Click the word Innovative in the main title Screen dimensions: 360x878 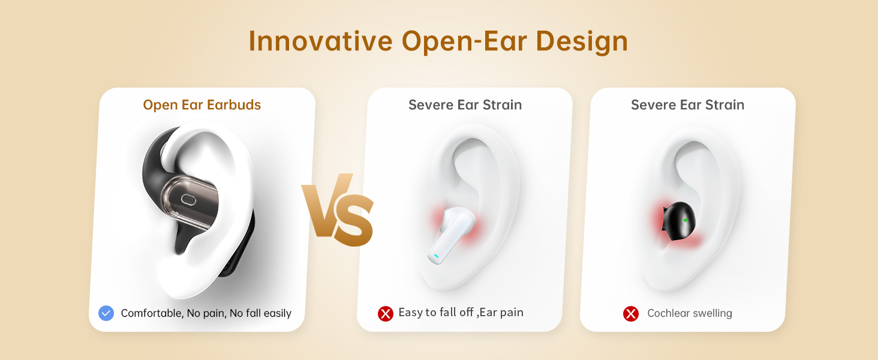coord(320,41)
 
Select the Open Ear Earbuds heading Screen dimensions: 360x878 coord(202,105)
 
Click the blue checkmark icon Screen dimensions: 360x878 coord(106,313)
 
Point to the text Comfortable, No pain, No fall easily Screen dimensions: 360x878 coord(206,313)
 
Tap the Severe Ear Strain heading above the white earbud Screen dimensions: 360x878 coord(465,105)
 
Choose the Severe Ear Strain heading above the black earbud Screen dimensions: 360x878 coord(687,105)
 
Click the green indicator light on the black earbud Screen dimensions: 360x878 coord(685,220)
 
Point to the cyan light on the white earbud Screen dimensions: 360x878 coord(436,256)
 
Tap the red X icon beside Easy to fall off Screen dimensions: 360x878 coord(385,313)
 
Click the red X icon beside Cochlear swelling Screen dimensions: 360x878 coord(631,313)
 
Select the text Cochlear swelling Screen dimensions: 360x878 coord(690,313)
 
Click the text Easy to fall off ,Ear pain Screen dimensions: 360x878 coord(461,313)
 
